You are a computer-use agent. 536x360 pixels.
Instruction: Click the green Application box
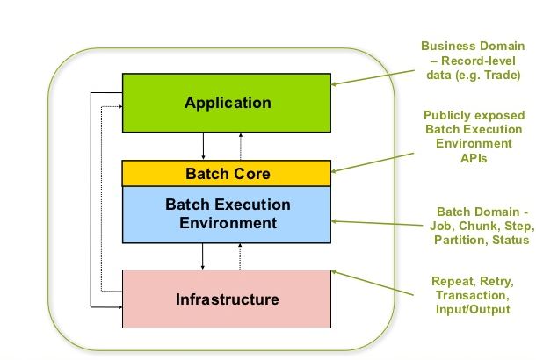227,103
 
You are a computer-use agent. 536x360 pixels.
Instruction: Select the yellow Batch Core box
227,173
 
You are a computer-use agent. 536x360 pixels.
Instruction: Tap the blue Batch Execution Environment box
227,214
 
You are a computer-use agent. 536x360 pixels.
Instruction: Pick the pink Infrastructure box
227,299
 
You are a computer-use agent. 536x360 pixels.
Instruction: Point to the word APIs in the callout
474,158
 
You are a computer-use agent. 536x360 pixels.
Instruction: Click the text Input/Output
473,309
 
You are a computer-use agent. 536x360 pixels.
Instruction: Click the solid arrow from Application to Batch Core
203,146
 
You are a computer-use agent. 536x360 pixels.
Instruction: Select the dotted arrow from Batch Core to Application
241,146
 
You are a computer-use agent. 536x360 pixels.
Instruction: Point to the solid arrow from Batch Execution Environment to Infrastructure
203,256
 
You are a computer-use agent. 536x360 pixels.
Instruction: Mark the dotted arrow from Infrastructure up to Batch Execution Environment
240,256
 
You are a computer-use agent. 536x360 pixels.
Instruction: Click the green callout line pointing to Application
373,77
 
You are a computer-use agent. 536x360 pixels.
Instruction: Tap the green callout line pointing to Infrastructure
373,283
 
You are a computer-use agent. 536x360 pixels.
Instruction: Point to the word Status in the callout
511,240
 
